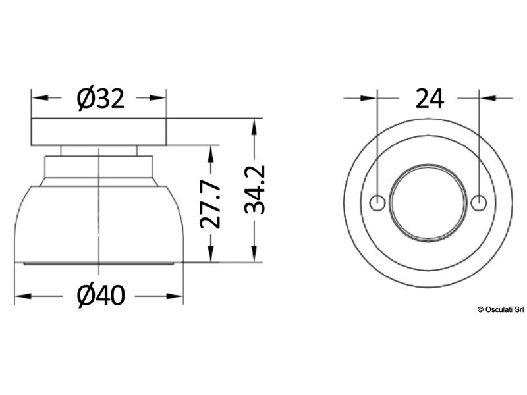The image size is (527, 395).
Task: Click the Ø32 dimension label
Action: click(x=99, y=99)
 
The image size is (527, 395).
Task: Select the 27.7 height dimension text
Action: click(x=210, y=206)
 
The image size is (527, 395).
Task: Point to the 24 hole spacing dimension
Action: click(x=429, y=99)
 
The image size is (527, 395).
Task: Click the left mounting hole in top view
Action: click(x=377, y=203)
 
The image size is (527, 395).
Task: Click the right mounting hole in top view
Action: click(x=480, y=203)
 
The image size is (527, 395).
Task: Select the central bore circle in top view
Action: click(x=428, y=203)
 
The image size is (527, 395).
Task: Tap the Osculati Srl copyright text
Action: click(x=500, y=309)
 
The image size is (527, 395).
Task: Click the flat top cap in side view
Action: click(x=99, y=132)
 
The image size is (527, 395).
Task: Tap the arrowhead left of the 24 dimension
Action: click(x=370, y=98)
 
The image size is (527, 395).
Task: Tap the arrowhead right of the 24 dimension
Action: click(x=487, y=98)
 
